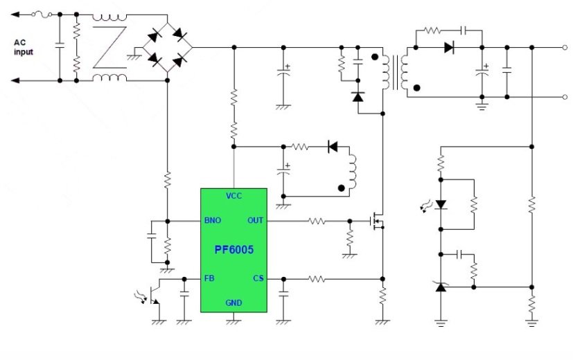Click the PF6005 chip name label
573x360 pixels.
point(233,248)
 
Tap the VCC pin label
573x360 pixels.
point(233,196)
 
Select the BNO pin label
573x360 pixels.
point(213,221)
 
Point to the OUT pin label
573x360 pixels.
point(255,221)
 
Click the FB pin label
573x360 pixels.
point(209,278)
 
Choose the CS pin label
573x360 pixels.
point(258,278)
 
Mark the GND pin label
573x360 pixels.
point(233,303)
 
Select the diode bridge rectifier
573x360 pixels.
point(167,47)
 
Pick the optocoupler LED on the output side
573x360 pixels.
point(439,204)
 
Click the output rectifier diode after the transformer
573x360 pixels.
point(448,48)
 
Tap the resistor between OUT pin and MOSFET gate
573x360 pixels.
point(317,222)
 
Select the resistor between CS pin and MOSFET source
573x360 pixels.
point(317,279)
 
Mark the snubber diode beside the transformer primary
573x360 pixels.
point(358,97)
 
